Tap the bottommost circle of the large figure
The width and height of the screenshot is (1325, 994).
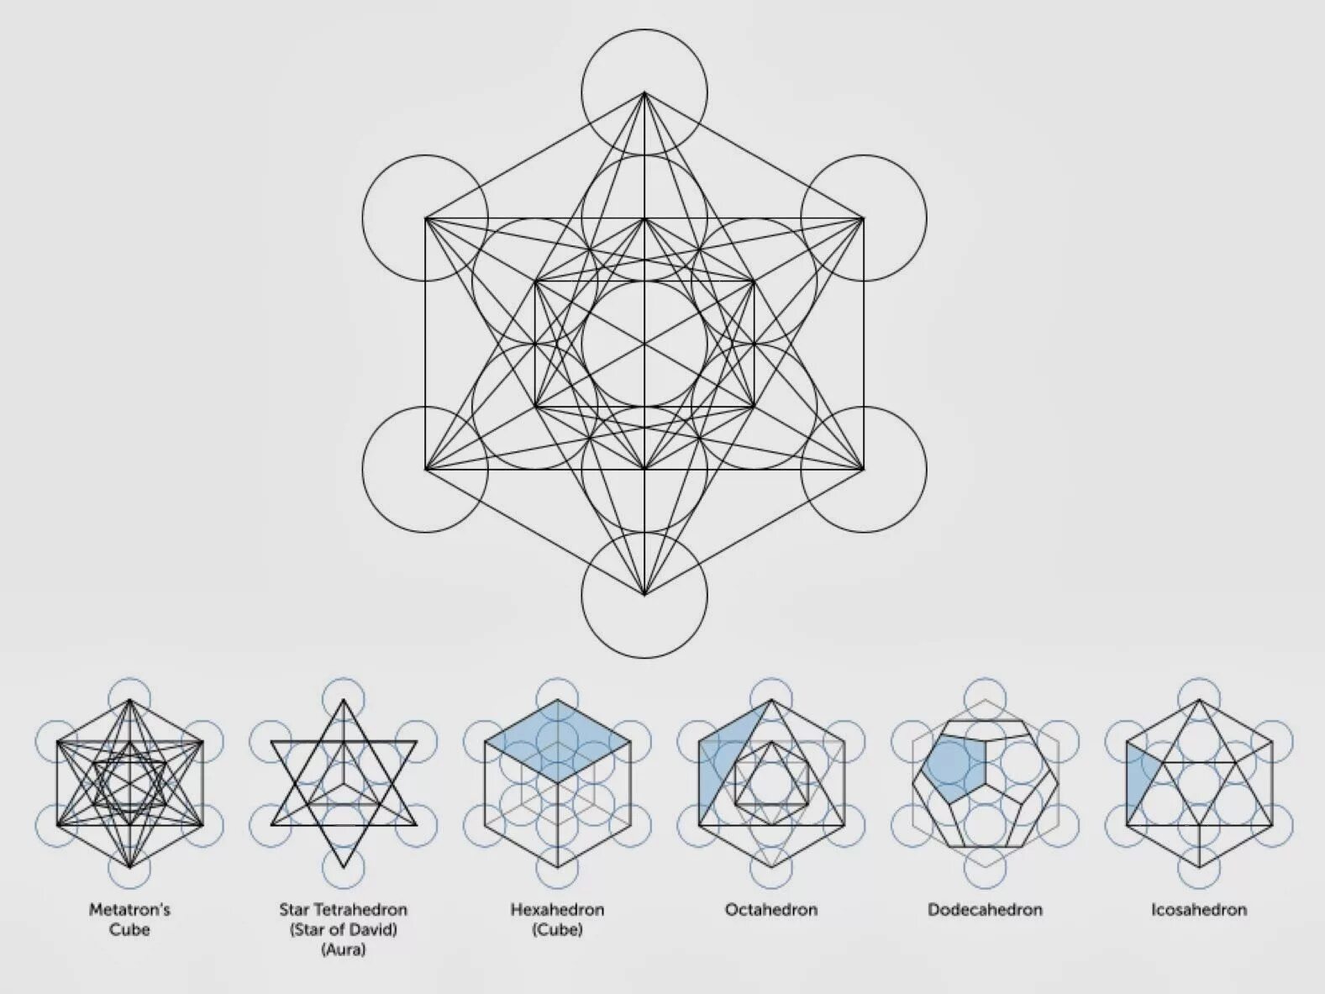click(x=644, y=626)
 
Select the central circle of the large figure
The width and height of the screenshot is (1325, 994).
click(x=644, y=344)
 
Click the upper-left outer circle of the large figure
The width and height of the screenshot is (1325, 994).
click(x=395, y=197)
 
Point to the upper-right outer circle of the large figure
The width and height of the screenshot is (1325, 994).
click(x=895, y=197)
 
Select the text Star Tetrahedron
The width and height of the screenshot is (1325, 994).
click(x=343, y=909)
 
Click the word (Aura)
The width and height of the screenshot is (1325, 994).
click(x=343, y=950)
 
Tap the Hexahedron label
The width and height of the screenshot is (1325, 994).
click(x=557, y=909)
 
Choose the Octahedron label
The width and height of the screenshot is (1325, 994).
click(x=770, y=909)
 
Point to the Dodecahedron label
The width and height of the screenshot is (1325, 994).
click(x=985, y=909)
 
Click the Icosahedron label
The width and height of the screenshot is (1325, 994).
click(x=1199, y=909)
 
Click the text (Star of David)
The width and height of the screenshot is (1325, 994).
click(x=343, y=929)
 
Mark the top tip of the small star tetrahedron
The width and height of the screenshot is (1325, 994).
click(x=343, y=702)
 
